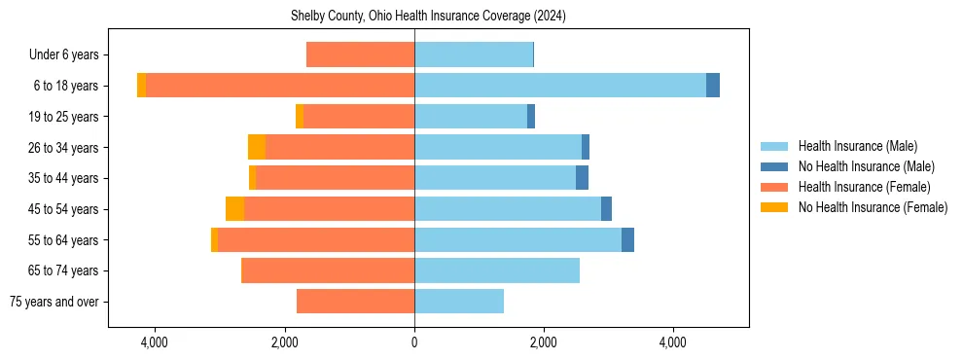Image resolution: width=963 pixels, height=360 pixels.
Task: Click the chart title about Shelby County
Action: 428,17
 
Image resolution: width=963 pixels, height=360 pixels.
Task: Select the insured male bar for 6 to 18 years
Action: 560,86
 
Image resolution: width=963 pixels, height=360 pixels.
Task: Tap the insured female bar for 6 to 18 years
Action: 280,86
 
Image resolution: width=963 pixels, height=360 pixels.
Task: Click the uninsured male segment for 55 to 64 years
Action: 627,239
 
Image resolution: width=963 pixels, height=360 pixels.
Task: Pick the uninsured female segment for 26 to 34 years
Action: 257,147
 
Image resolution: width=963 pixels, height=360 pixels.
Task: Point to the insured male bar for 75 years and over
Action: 459,302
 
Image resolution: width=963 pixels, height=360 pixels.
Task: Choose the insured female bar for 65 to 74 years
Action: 328,270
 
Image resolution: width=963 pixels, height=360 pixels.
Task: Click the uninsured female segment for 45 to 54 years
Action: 234,209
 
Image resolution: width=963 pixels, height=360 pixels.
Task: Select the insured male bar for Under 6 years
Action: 474,54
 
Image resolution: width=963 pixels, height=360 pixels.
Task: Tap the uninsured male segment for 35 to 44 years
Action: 582,178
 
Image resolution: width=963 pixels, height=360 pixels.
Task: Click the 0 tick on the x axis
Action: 414,342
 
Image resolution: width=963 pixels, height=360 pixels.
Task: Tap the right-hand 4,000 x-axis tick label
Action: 673,342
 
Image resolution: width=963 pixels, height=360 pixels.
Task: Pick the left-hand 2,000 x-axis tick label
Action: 284,342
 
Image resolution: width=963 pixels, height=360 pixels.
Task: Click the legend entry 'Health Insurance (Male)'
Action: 857,146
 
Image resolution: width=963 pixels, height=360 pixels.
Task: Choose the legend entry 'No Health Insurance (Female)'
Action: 873,207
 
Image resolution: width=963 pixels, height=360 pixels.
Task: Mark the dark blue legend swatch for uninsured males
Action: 774,166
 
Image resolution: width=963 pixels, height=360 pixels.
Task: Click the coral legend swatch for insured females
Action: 774,187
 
